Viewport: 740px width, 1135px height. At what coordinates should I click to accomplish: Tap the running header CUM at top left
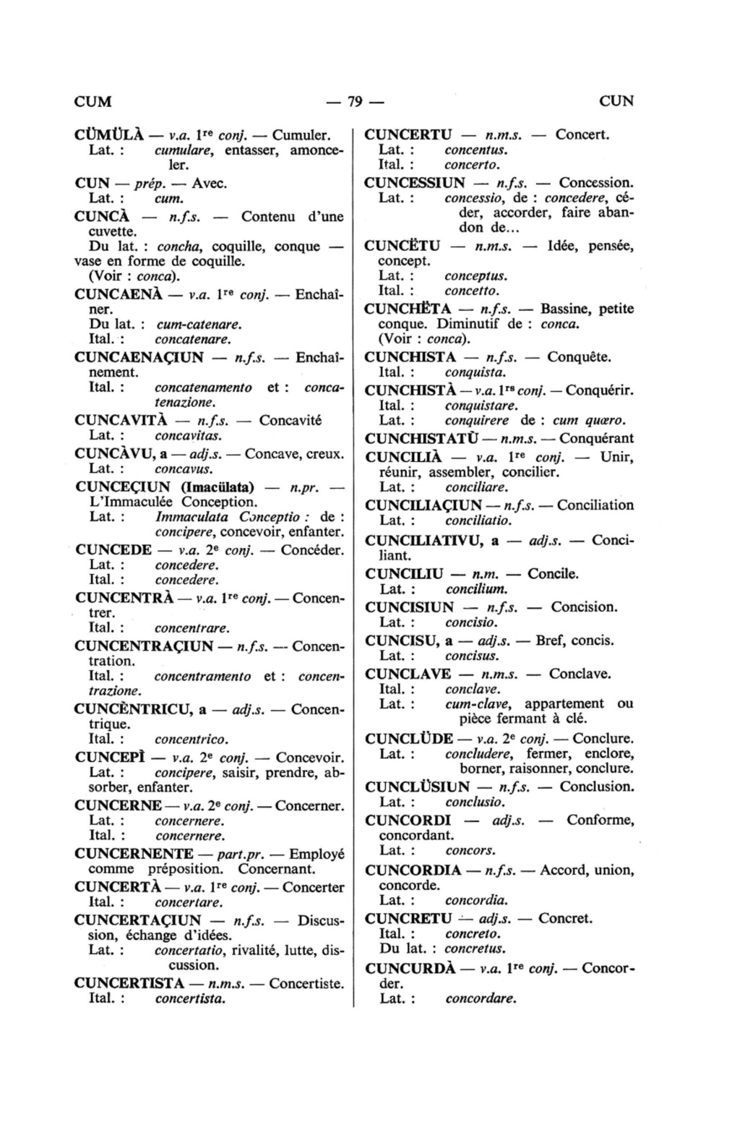coord(93,101)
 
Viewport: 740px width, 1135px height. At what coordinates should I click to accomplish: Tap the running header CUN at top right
coord(616,101)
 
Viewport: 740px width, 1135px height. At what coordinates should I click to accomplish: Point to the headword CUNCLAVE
coord(408,674)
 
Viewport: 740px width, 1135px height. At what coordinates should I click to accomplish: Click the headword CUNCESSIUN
coord(415,183)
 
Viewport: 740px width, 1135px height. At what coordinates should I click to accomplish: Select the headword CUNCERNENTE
coord(134,854)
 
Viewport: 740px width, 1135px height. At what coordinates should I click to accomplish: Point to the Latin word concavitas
coord(188,436)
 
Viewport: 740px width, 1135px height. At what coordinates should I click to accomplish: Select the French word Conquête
coord(579,357)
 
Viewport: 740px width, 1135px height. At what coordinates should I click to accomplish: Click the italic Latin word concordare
coord(481,999)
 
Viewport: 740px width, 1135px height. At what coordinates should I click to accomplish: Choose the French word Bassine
coord(566,309)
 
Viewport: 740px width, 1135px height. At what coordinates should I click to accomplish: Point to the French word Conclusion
coord(596,787)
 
